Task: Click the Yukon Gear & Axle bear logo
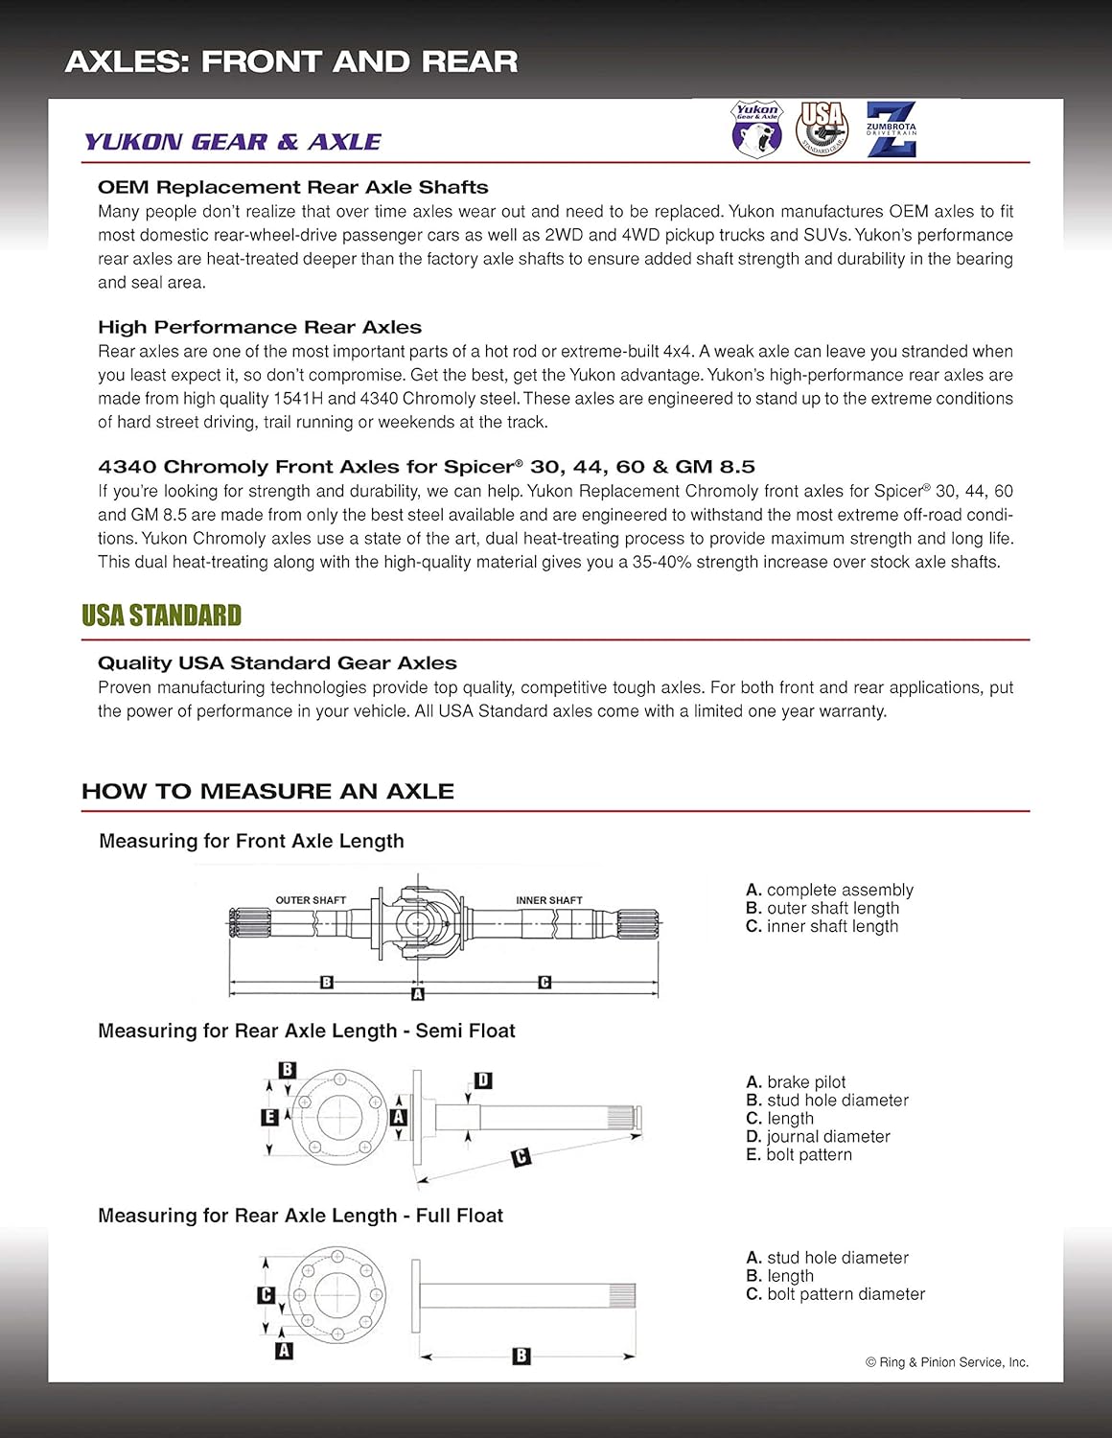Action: tap(757, 129)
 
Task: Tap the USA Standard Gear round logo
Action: tap(822, 129)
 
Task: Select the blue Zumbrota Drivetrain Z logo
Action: tap(892, 129)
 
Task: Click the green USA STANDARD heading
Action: tap(161, 615)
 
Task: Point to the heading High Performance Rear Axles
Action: tap(260, 327)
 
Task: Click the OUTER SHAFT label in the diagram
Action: tap(311, 900)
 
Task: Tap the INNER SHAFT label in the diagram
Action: tap(548, 900)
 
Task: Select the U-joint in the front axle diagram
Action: tap(417, 922)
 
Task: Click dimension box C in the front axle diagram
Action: tap(544, 982)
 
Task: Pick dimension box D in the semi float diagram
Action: tap(483, 1080)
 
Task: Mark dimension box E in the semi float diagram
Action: tap(269, 1117)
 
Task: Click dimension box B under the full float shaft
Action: tap(521, 1356)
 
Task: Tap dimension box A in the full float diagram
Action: tap(284, 1351)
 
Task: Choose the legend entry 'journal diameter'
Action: tap(828, 1136)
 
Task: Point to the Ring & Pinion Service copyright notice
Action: tap(947, 1362)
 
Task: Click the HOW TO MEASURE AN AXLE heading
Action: tap(267, 791)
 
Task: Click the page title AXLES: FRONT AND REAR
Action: tap(291, 61)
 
